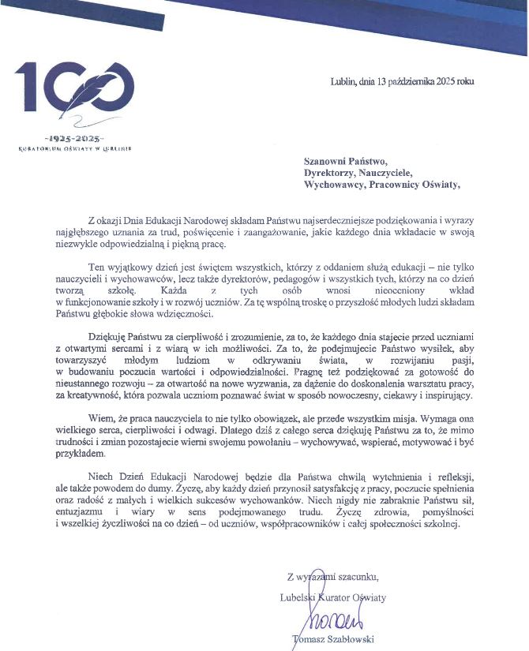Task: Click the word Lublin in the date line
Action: pyautogui.click(x=343, y=80)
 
